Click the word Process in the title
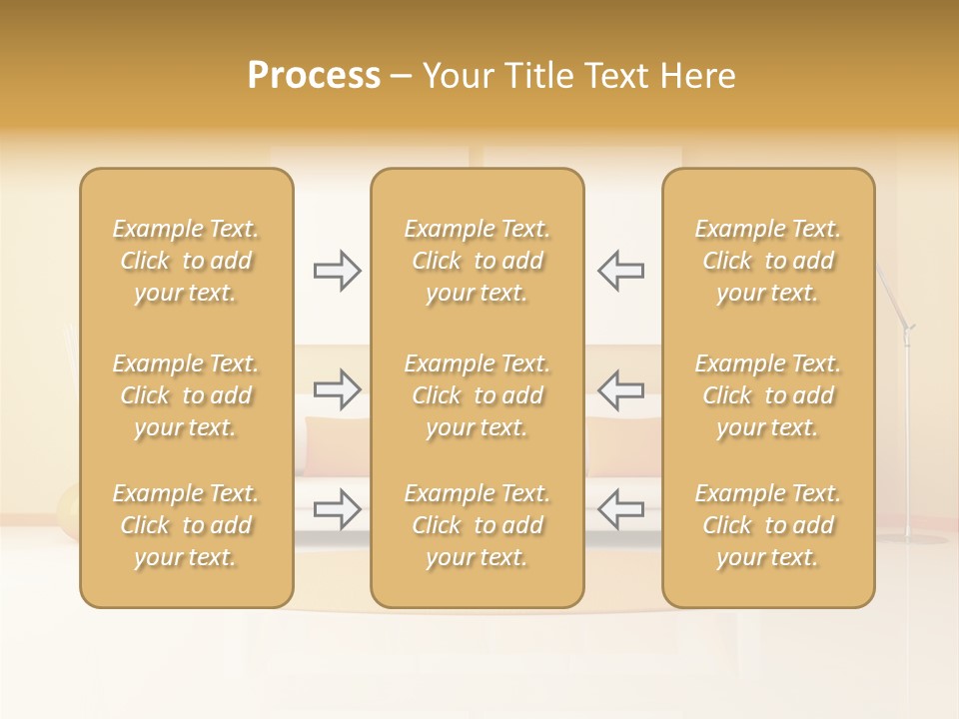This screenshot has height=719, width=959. coord(314,76)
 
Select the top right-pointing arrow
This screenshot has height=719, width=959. coord(337,270)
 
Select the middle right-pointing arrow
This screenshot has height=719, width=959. coord(337,388)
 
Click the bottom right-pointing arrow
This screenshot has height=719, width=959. coord(337,509)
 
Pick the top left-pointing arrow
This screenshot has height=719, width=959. coord(620,270)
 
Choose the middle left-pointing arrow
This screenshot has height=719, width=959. coord(620,388)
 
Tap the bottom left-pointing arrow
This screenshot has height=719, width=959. coord(620,509)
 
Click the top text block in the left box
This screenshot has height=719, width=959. coord(186,261)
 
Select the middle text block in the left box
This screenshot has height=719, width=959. coord(186,395)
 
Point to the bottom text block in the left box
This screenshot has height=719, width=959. coord(186,525)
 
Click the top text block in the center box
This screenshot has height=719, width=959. coord(477,261)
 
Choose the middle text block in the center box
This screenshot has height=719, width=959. coord(477,395)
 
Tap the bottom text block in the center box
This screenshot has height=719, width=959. coord(477,525)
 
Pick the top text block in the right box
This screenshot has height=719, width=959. coord(767,261)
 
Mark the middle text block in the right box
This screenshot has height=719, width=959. coord(767,395)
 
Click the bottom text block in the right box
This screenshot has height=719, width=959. coord(767,525)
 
